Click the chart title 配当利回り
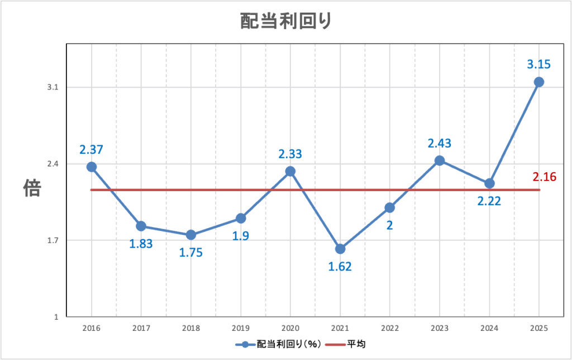point(286,21)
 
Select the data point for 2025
point(539,82)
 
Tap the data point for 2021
point(340,249)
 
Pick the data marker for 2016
point(92,167)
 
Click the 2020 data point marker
point(290,171)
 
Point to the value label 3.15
point(539,64)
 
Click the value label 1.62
point(340,267)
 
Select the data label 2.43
point(439,143)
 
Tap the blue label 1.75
point(190,252)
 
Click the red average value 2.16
point(545,177)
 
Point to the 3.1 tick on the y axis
point(54,88)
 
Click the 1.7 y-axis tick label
point(54,241)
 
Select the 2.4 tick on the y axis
point(54,164)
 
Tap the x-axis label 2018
point(191,328)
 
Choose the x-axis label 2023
point(440,328)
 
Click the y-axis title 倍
point(31,188)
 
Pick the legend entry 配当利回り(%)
point(279,344)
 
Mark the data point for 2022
point(390,207)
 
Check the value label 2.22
point(489,201)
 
